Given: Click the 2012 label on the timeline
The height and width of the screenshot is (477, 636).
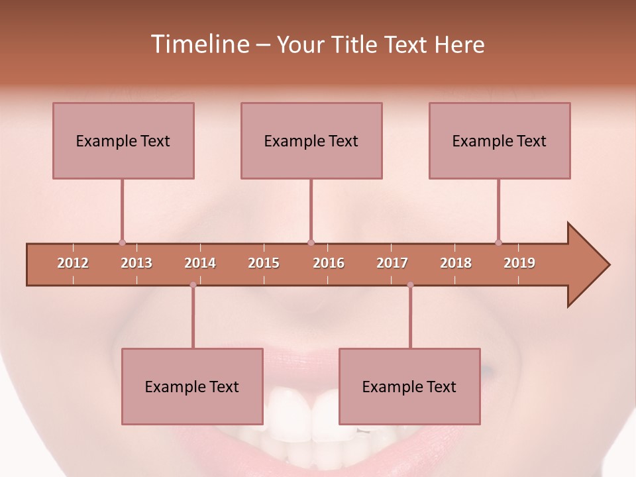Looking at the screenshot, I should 73,263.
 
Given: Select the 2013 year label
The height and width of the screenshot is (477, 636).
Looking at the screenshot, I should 136,263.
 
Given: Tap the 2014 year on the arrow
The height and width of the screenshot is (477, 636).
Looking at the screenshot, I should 200,263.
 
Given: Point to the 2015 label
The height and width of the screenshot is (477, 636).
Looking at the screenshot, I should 264,263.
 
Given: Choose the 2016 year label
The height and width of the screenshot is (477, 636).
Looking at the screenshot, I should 329,263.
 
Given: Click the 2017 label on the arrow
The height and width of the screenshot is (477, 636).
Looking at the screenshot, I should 392,263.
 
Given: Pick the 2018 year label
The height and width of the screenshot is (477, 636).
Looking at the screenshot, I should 456,263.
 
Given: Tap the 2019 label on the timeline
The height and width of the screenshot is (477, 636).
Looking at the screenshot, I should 519,263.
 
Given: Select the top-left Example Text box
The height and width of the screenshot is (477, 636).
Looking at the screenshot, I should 123,140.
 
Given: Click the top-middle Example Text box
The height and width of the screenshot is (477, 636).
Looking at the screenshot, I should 311,140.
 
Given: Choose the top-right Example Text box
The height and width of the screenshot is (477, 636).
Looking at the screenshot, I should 500,140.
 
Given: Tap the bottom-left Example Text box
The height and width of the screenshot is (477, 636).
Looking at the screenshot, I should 192,386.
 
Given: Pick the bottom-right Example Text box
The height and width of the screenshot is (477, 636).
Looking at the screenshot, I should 409,386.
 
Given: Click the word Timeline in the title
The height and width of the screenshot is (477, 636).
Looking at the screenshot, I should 199,44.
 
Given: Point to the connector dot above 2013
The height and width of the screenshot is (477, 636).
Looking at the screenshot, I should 122,242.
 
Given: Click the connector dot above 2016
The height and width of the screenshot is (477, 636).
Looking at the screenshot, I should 311,242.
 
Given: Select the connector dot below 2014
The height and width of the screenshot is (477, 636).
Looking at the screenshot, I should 193,285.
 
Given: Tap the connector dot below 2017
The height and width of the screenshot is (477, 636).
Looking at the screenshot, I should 410,285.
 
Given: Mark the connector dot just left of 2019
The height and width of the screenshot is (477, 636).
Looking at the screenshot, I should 498,242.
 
